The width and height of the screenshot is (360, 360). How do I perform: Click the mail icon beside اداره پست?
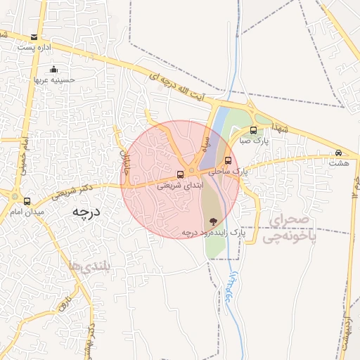34,37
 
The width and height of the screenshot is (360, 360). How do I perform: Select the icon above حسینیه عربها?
54,69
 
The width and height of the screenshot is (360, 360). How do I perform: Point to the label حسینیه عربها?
54,79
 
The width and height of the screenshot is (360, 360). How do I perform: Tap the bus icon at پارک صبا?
254,130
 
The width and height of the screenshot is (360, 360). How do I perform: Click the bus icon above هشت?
339,153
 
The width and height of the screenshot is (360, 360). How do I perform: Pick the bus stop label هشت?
339,162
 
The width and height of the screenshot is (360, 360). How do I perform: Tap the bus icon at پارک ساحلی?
227,160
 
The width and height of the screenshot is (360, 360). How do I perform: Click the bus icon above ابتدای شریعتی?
180,174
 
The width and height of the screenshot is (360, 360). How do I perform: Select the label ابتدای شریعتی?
179,186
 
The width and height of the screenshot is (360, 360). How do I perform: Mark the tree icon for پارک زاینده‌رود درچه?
213,221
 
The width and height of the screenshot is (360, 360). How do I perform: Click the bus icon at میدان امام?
27,201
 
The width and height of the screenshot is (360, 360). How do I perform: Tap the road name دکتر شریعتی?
77,188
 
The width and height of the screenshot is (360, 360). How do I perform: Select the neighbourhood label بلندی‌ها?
89,266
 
